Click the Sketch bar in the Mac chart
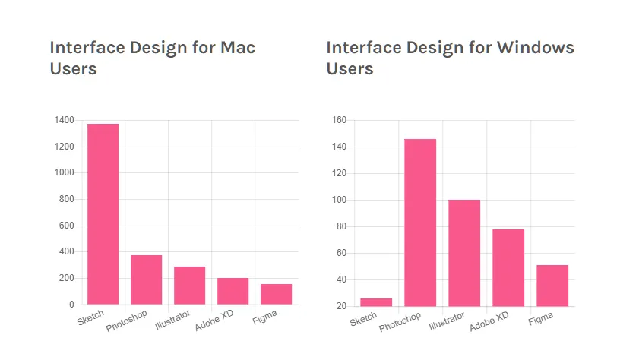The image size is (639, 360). click(x=103, y=213)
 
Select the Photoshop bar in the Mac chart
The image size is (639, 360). click(x=146, y=279)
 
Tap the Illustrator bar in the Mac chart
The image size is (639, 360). click(x=189, y=286)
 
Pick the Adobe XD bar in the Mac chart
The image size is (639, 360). click(x=233, y=291)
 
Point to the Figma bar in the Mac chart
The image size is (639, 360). click(x=276, y=294)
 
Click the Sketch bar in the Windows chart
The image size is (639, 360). click(x=376, y=302)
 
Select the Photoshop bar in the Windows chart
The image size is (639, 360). click(x=420, y=223)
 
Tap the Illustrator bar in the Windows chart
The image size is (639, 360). click(x=464, y=253)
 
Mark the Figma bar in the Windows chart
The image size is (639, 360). click(x=552, y=286)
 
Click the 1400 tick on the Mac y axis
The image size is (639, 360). click(x=65, y=120)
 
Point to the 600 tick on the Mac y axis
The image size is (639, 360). click(x=67, y=226)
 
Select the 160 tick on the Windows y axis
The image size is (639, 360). click(x=340, y=120)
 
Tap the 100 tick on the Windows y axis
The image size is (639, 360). click(x=340, y=200)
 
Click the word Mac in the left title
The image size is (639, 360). click(x=237, y=48)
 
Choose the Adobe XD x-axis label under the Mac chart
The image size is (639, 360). click(x=214, y=323)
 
